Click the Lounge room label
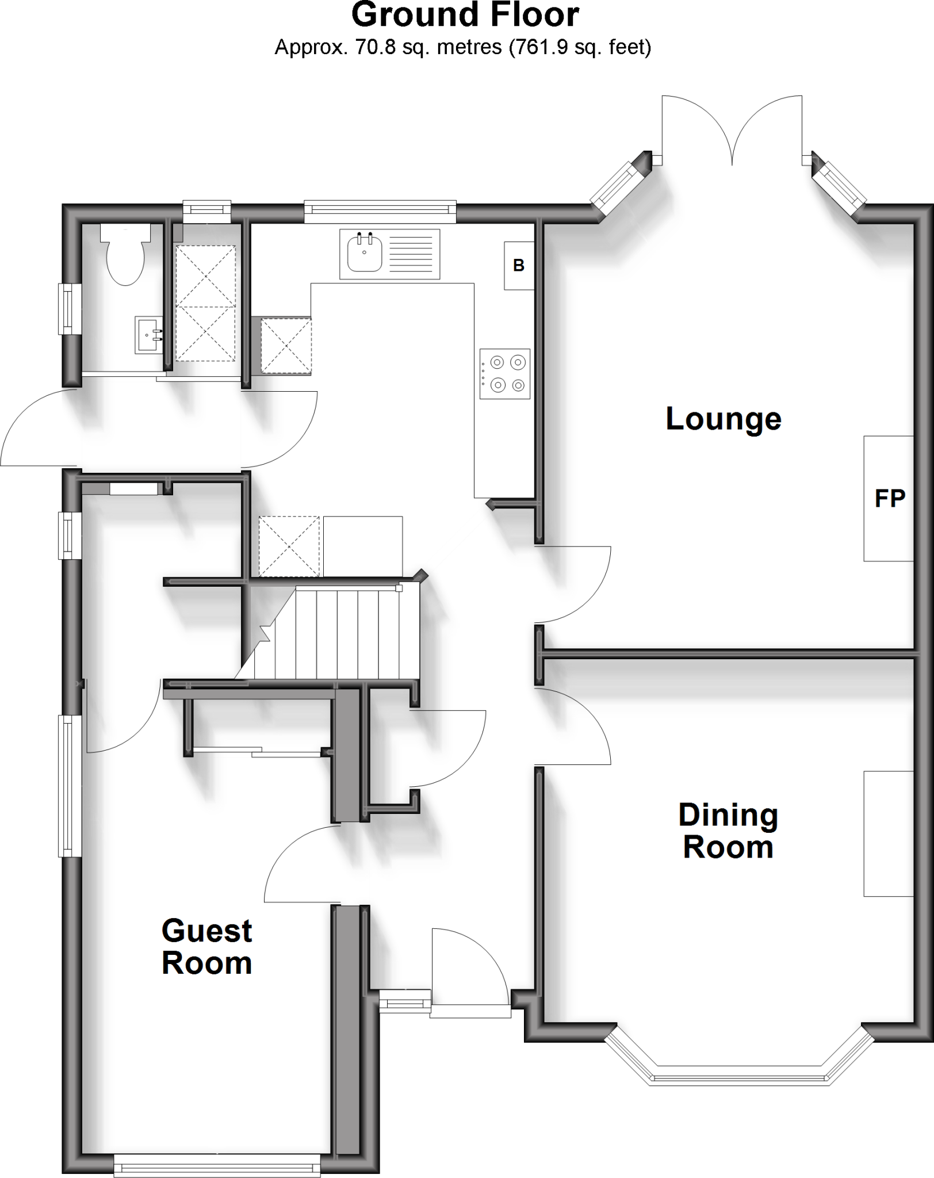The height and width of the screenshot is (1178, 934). click(723, 419)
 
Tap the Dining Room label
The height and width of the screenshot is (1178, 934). click(728, 831)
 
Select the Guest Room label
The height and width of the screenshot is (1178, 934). click(207, 947)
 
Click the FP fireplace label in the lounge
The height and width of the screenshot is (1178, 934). click(889, 498)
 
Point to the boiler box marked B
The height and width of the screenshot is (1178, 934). click(519, 266)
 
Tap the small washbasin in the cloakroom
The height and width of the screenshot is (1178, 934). click(148, 334)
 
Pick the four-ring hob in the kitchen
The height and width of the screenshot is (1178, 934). click(505, 374)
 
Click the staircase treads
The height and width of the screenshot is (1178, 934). click(345, 633)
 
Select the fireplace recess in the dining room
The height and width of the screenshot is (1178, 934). click(888, 833)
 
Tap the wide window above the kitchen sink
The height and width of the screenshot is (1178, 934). click(380, 211)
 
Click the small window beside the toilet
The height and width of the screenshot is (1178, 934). click(70, 309)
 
